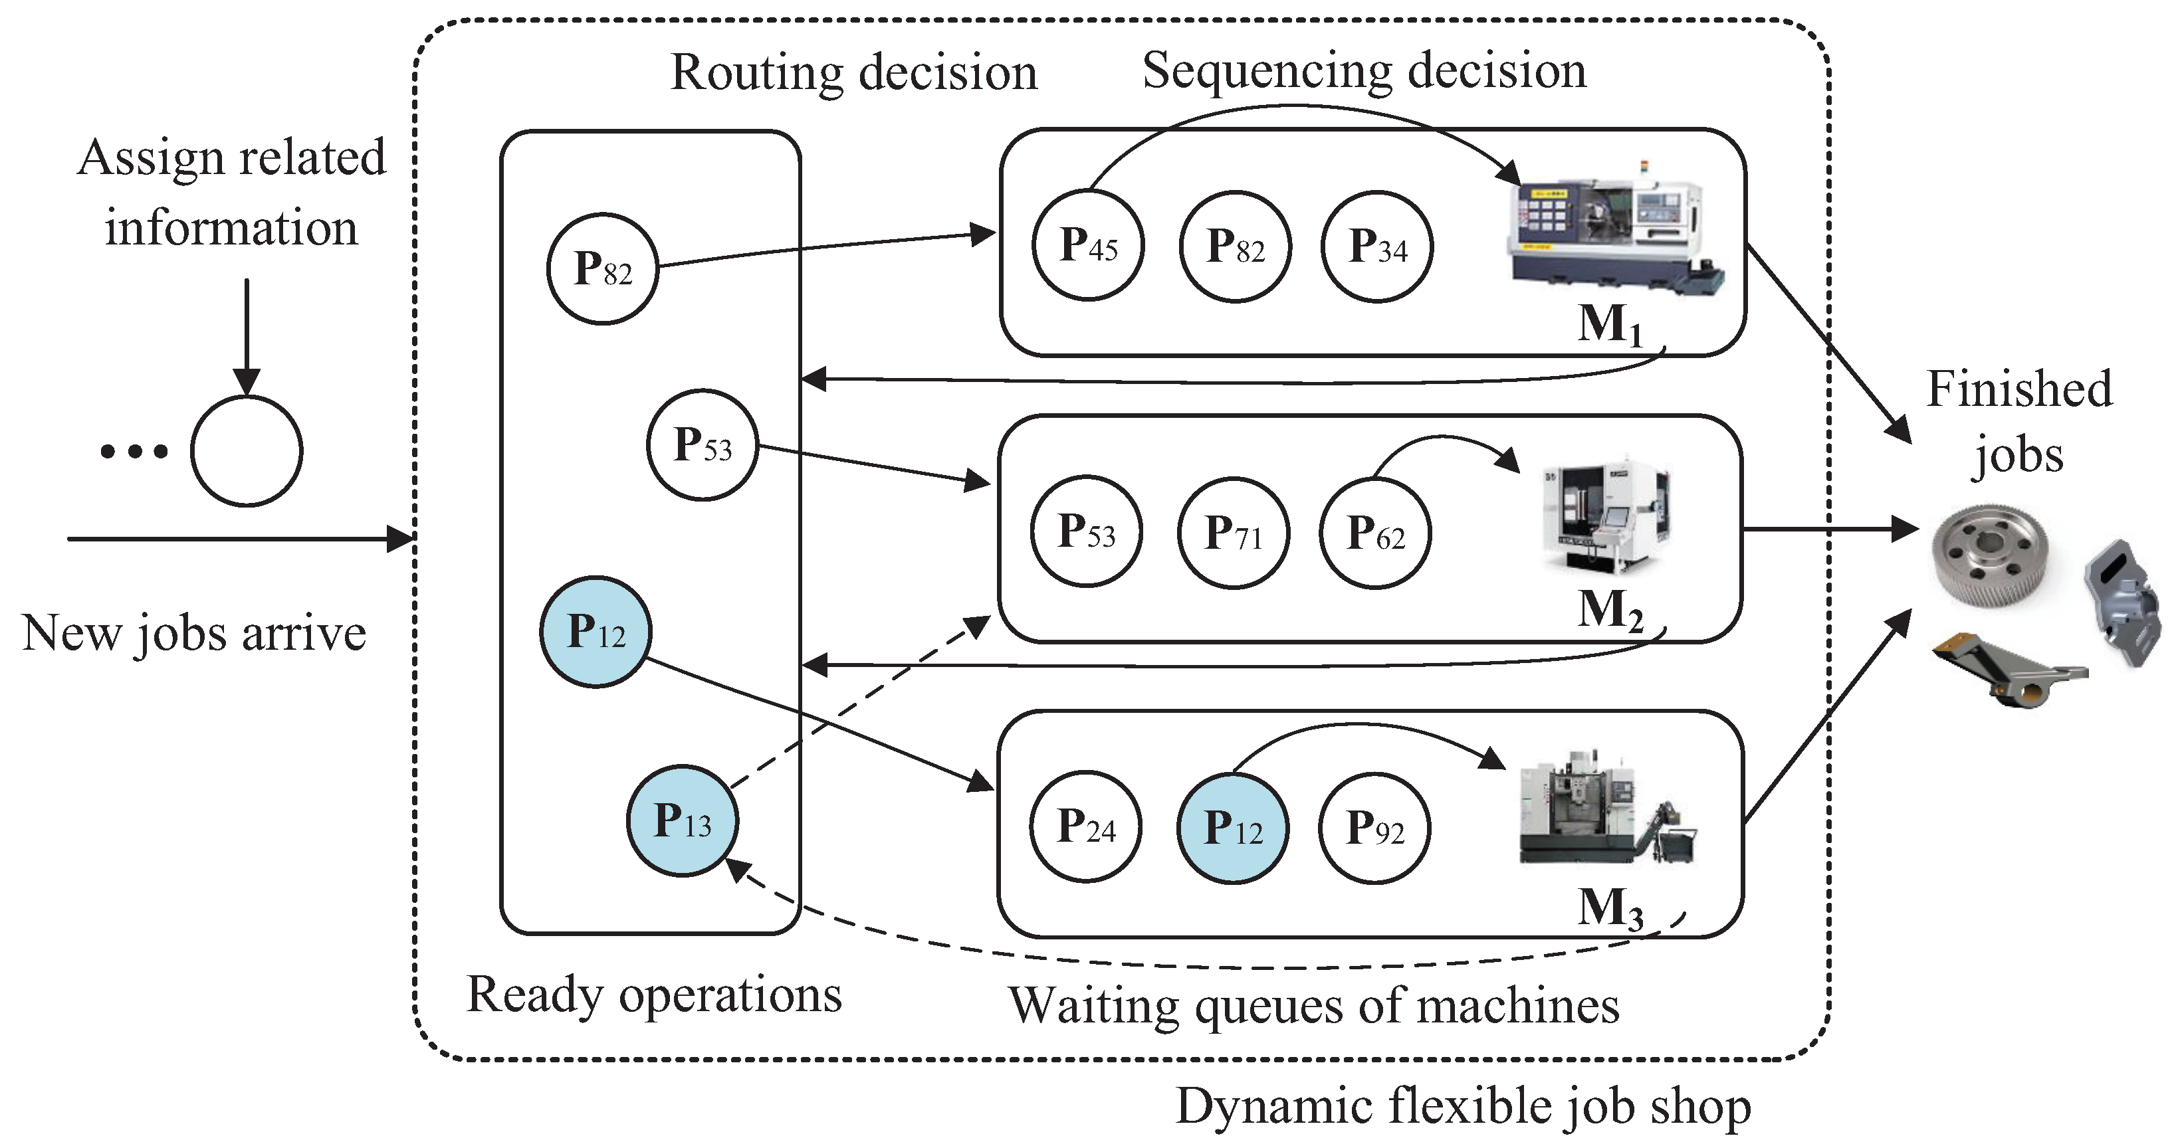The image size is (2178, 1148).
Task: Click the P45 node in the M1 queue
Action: [1088, 245]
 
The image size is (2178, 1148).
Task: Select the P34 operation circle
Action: [1377, 247]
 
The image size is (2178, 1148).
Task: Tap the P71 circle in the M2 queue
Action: [1234, 533]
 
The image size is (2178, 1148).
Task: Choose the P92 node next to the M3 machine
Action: [1374, 828]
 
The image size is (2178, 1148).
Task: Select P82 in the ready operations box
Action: [603, 269]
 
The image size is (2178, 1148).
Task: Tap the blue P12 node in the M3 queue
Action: [1233, 828]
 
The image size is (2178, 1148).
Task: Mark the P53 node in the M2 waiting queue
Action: [1087, 531]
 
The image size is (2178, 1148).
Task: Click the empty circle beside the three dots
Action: [246, 450]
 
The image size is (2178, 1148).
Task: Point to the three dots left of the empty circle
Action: [134, 451]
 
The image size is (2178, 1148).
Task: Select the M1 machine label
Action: [1610, 324]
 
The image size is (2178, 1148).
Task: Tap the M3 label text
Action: [1610, 909]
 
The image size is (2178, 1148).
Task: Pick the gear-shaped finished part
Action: [1989, 555]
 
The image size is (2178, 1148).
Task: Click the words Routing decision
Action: [854, 72]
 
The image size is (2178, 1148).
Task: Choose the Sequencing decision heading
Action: [1364, 71]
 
